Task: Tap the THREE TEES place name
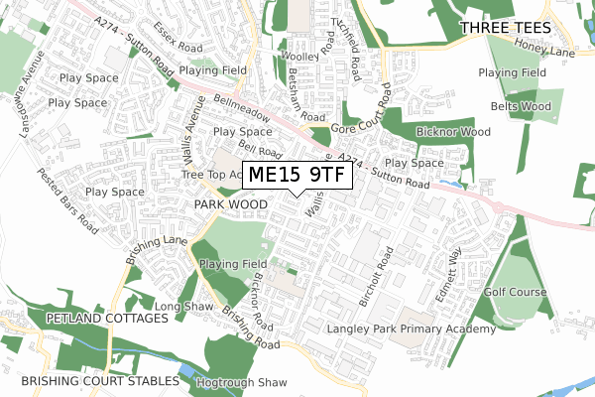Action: [500, 30]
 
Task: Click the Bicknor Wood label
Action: [453, 131]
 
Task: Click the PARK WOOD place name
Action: [231, 203]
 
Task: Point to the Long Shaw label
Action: [183, 307]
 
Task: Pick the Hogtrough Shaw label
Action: [241, 382]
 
